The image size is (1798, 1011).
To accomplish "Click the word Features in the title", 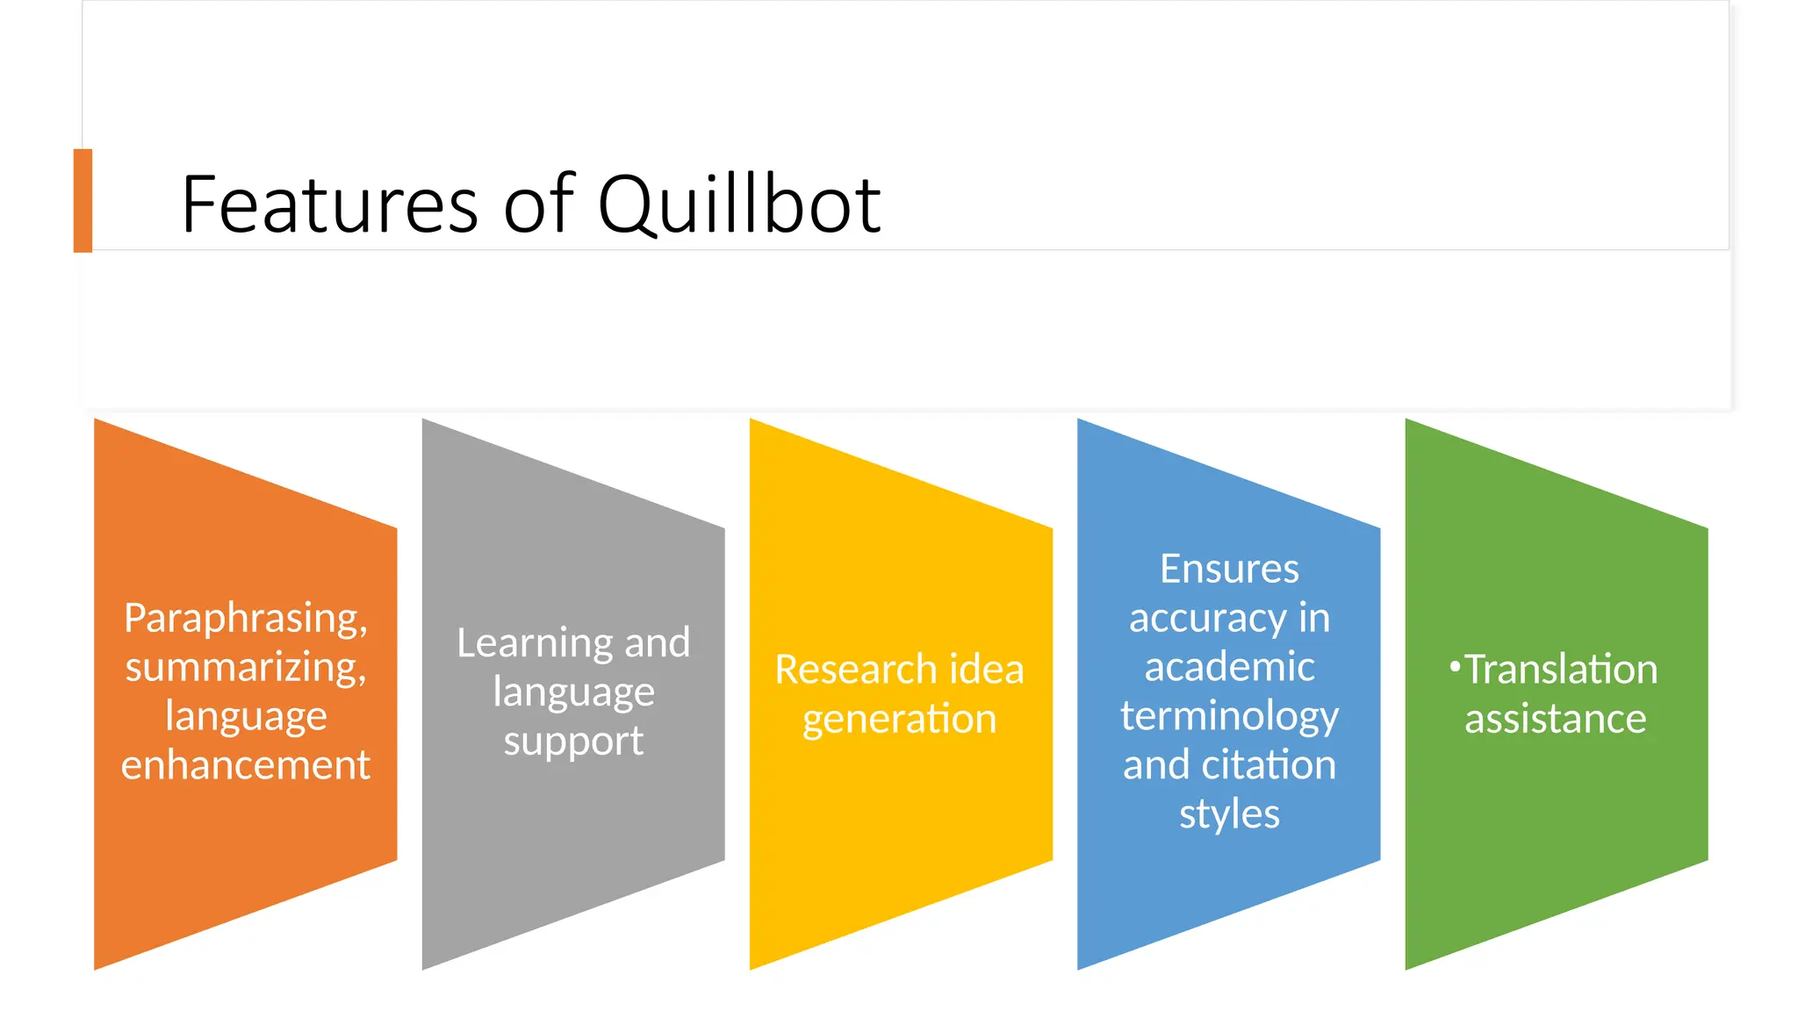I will click(329, 204).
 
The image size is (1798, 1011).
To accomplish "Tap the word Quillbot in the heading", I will click(739, 204).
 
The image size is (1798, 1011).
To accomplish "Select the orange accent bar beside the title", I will click(83, 200).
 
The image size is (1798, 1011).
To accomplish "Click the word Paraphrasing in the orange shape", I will click(245, 618).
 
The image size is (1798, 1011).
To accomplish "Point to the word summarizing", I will click(245, 667).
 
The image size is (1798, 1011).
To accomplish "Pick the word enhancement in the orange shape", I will click(245, 765).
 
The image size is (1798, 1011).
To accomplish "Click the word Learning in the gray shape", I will click(531, 643).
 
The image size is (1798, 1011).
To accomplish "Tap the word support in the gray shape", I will click(573, 742).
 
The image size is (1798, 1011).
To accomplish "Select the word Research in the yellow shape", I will click(844, 670).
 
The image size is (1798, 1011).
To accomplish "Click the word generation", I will click(899, 720).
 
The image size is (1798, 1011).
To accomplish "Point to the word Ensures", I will click(1229, 569).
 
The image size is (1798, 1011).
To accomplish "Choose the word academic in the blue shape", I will click(1229, 667).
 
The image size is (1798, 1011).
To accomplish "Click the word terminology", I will click(1229, 716).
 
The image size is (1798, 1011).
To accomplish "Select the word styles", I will click(1229, 814).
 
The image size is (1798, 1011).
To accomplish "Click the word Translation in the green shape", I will click(1561, 670).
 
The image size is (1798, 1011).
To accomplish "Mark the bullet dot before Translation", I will click(1455, 667).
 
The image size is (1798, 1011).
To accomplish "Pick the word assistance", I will click(1555, 719).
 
